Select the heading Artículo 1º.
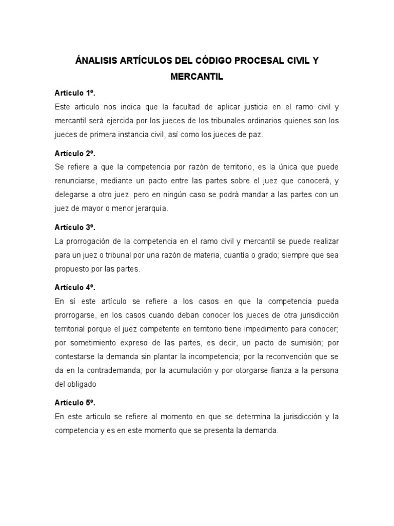click(x=75, y=93)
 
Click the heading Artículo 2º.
click(x=75, y=154)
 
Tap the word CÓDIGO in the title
click(x=205, y=61)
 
